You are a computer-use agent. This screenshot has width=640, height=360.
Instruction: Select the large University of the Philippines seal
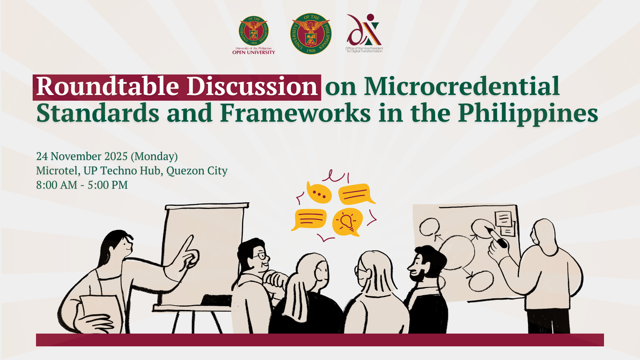coord(311,34)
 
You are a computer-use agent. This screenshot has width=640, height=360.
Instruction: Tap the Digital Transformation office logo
coord(364,33)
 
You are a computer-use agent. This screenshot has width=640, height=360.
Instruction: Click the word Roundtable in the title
coord(108,87)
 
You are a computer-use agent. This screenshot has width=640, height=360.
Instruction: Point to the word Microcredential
coord(462,87)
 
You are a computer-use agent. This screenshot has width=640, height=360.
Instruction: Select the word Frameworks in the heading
coord(295,113)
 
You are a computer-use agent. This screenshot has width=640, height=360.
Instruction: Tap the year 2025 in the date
coord(116,156)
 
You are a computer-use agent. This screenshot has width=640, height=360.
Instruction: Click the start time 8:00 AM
coord(57,185)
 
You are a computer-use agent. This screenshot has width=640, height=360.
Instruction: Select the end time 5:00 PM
coord(108,185)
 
